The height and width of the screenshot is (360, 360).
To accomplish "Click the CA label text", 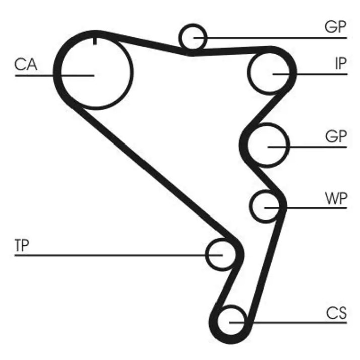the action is coord(26,64).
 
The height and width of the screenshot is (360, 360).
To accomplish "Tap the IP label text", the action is coord(341,63).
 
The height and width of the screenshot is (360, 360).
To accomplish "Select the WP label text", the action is coord(336,198).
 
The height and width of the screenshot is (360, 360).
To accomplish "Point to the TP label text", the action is coord(22,245).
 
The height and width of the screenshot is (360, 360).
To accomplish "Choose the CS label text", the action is coord(336,313).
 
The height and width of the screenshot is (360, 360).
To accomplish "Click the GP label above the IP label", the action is coord(335,27).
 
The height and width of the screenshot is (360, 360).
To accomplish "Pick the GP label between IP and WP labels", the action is coord(336,136).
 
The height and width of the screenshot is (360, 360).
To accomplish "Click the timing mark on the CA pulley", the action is coord(95,41).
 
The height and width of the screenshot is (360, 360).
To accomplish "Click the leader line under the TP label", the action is coord(118,255).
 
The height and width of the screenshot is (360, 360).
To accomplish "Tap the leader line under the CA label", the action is coord(55,75).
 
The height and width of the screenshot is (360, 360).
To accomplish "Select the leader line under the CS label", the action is coord(288,322).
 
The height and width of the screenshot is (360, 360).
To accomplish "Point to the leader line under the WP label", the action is coord(306,208).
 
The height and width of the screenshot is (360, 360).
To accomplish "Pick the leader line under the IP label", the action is coord(310,74).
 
